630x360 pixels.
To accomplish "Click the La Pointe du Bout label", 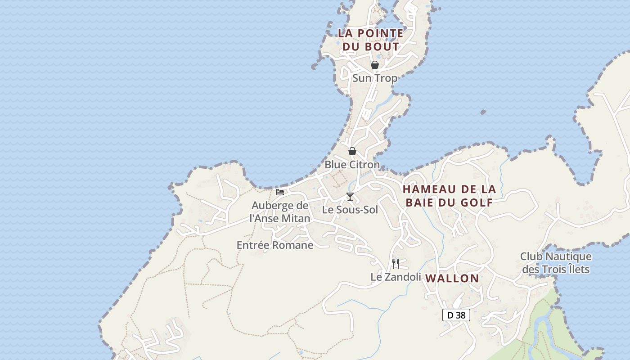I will coord(370,40).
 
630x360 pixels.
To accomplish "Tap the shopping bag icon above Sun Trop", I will coord(374,65).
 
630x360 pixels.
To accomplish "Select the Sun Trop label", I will coord(375,78).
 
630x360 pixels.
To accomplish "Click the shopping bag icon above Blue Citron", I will coord(352,151).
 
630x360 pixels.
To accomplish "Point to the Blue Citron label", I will coord(352,165).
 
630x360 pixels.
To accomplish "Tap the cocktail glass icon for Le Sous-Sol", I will coord(350,197).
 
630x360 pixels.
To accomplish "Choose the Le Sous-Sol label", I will coord(350,210).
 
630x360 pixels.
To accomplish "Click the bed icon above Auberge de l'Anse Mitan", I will coord(280,192).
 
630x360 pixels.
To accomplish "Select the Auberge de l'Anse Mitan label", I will coord(280,212).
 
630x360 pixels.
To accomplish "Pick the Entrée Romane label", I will coord(274,245).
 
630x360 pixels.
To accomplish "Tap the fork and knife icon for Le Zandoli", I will coord(395,263).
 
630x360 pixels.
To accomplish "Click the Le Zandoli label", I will coord(396,277).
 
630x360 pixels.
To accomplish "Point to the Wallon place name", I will coord(452,278).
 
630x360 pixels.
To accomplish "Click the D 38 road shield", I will coord(456,315).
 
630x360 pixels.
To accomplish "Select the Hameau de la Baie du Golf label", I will coord(449,196).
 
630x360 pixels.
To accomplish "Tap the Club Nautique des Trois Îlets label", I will coord(556,263).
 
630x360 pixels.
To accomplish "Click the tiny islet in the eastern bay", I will coord(483,112).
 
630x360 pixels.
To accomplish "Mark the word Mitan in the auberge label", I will coord(295,219).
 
